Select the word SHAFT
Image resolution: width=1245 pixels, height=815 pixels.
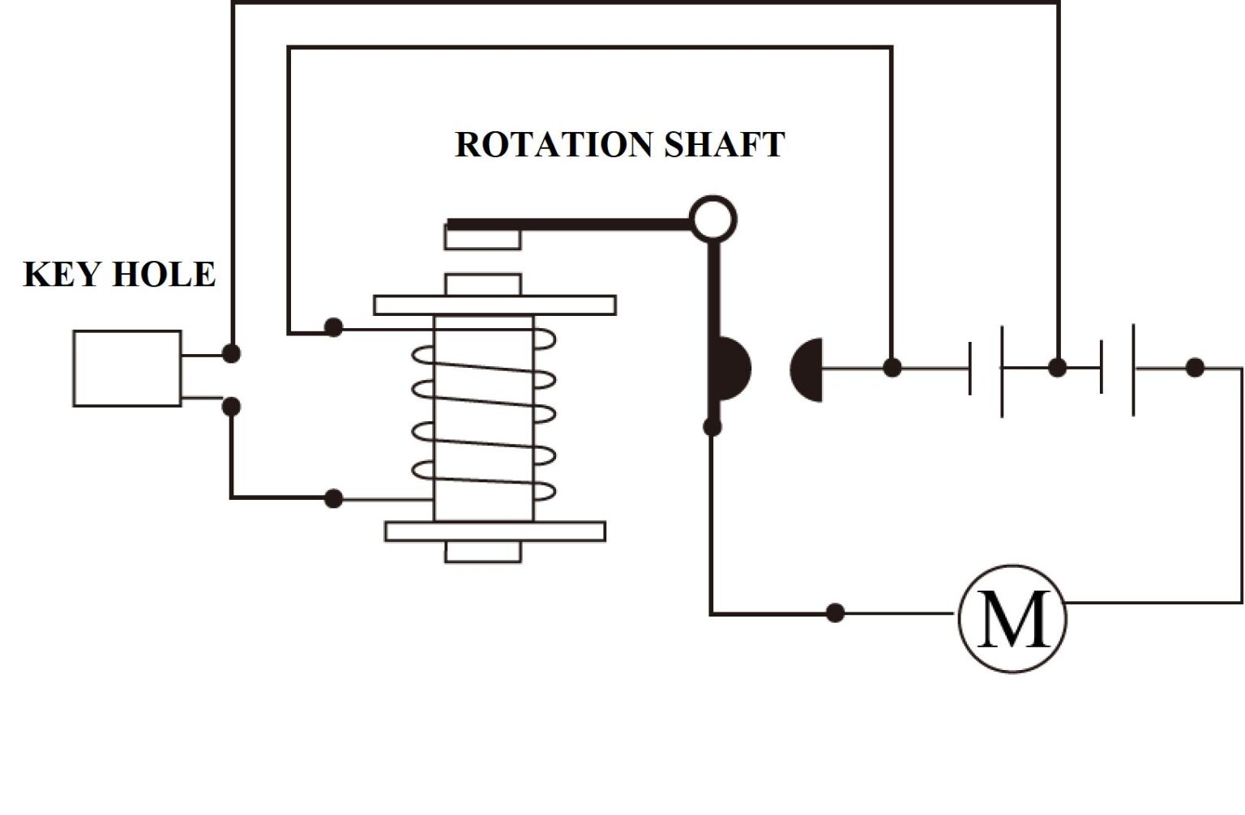(724, 145)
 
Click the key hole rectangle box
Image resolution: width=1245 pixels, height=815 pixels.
(127, 369)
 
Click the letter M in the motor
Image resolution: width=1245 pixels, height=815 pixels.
(1012, 619)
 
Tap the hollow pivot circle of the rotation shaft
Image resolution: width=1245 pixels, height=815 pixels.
(712, 219)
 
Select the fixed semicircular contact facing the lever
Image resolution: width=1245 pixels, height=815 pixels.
(807, 369)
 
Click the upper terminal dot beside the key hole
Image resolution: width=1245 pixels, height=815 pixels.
(231, 353)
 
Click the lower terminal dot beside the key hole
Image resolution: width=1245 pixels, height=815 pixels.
(231, 406)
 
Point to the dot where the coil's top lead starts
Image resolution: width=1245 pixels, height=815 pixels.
(333, 327)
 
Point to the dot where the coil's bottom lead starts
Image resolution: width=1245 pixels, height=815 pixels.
(333, 498)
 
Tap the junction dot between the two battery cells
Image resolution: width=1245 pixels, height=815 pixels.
(1057, 367)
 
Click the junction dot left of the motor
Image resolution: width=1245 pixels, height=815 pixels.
(835, 612)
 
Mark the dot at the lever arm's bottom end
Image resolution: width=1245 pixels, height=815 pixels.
(712, 427)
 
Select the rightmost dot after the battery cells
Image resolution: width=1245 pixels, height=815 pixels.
(1194, 368)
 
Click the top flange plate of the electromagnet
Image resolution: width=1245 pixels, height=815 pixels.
(494, 305)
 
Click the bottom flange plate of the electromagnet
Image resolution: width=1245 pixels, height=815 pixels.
(494, 531)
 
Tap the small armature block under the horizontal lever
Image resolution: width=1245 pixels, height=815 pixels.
(482, 238)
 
